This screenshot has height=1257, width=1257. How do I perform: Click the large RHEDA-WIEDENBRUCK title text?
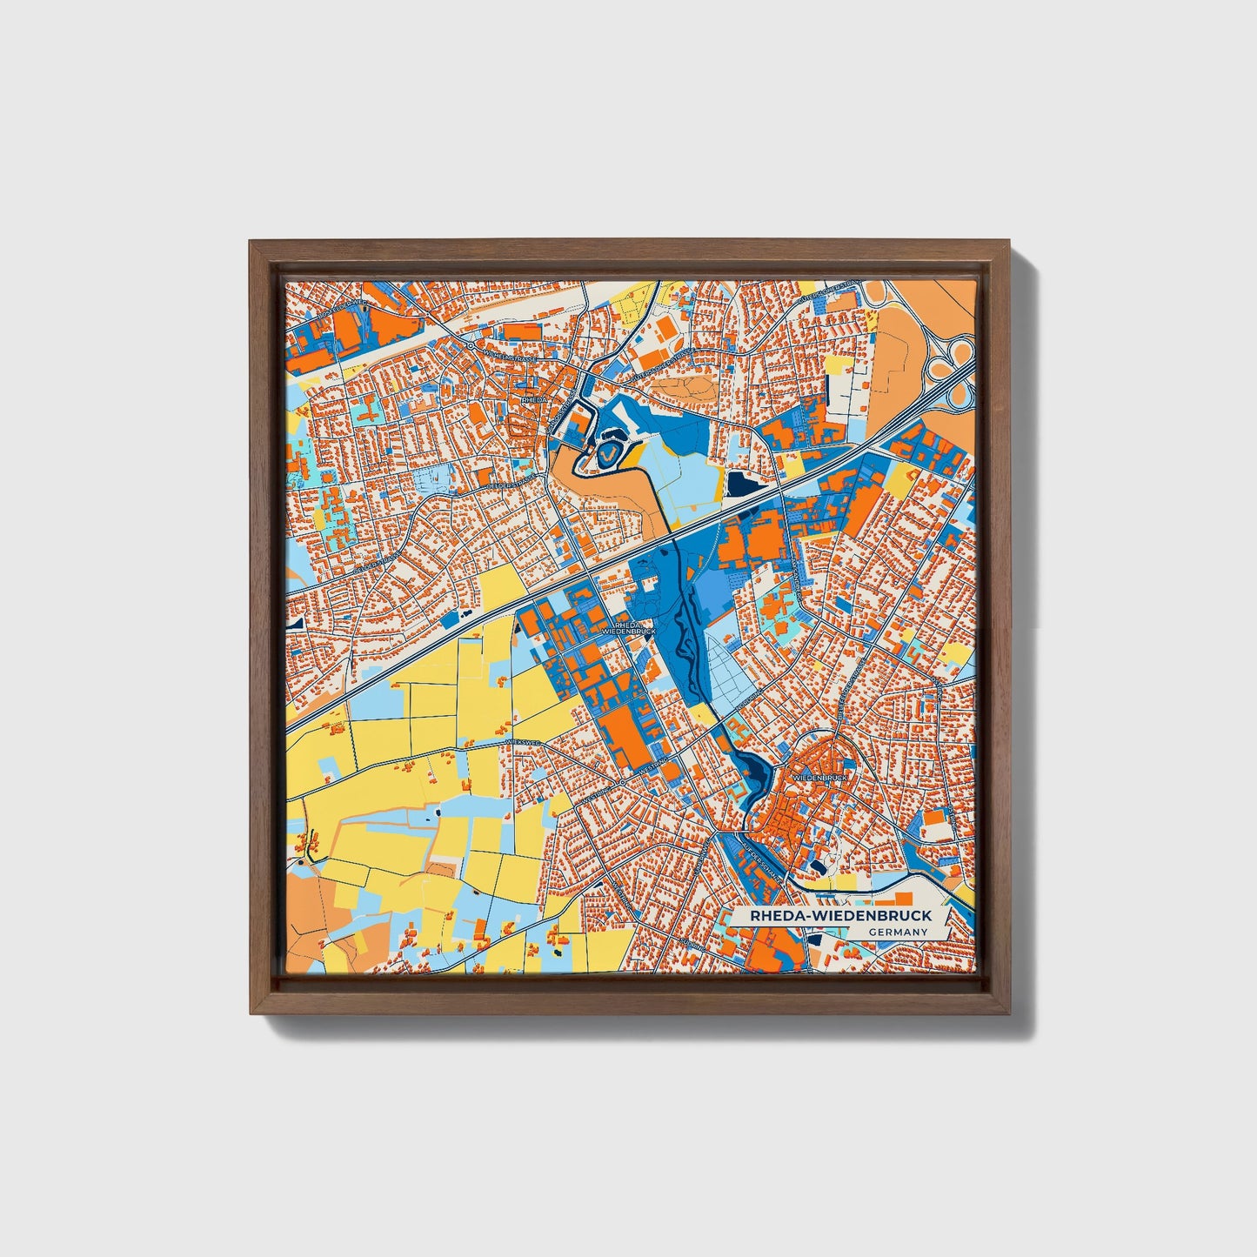(832, 915)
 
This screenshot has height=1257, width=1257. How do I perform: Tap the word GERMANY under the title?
(897, 932)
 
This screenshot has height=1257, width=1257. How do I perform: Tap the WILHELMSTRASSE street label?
(514, 358)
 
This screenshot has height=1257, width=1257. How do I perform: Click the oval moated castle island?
(607, 452)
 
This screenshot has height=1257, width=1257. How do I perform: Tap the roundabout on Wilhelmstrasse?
(470, 345)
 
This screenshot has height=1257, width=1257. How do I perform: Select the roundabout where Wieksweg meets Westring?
(622, 782)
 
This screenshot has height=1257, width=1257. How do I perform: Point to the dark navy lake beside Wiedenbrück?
(755, 770)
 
